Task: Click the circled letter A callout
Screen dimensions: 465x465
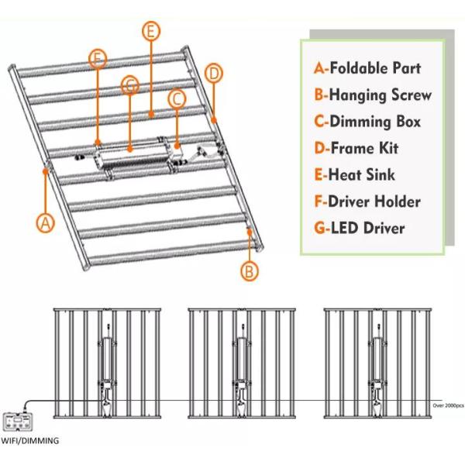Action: tap(46, 223)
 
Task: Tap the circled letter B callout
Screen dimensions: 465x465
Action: tap(249, 271)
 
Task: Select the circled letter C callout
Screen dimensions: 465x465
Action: tap(177, 98)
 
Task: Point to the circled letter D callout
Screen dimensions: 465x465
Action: tap(214, 73)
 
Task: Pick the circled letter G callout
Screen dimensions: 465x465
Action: tap(130, 85)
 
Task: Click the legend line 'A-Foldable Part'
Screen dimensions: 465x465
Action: tap(367, 68)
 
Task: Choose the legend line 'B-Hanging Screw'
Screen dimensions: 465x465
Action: tap(373, 95)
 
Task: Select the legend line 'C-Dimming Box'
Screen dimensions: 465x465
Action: tap(367, 122)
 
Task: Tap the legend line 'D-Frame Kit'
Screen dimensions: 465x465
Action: tap(356, 148)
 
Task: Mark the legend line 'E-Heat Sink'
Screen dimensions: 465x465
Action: tap(354, 174)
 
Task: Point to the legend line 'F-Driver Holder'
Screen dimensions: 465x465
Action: tap(367, 201)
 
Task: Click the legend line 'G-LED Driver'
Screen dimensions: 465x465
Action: tap(360, 228)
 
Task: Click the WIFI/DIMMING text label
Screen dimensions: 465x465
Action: tap(29, 441)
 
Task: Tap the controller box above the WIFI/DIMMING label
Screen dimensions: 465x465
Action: tap(18, 422)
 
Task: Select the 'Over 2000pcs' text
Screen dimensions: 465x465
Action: tap(448, 405)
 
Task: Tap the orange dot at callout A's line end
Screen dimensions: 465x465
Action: tap(46, 171)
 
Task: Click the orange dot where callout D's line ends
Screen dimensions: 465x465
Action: tap(214, 120)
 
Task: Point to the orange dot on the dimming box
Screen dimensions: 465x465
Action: tap(177, 146)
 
